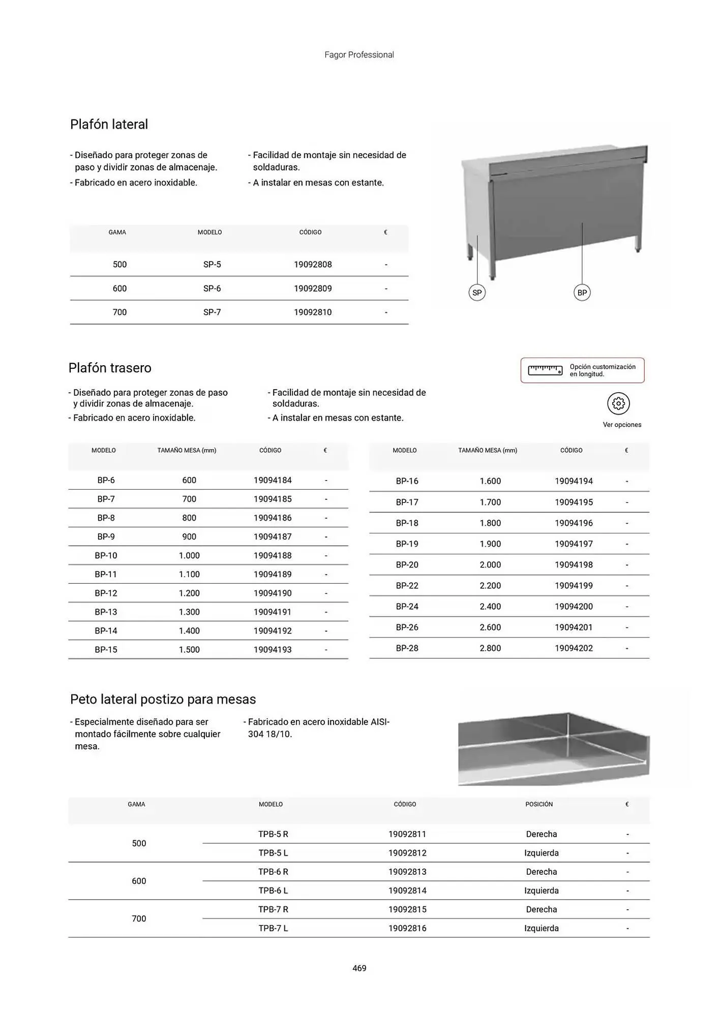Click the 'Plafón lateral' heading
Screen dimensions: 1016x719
coord(109,124)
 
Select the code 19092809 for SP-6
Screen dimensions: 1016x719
coord(313,289)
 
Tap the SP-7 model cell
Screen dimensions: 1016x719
coord(212,312)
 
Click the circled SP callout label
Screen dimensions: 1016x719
coord(477,293)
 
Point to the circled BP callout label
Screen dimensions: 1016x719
coord(582,293)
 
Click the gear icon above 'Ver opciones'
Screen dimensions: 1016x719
coord(618,404)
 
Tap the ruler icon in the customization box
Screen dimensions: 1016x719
coord(545,370)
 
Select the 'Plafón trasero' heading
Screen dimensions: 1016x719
coord(110,368)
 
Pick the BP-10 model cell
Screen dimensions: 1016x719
coord(106,556)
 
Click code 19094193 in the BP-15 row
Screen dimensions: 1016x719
coord(273,650)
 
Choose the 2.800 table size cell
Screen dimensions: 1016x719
coord(490,648)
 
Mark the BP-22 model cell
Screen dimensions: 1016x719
coord(407,586)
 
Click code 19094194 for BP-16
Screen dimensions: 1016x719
coord(574,481)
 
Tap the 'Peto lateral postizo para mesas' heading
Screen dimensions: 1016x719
coord(163,700)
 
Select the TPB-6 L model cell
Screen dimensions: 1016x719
coord(273,891)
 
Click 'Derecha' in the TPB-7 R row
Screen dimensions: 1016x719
coord(542,909)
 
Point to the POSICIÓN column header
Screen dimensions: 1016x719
coord(539,804)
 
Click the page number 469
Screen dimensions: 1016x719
coord(359,968)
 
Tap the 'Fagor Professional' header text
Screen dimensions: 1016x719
coord(359,55)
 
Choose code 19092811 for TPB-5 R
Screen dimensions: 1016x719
coord(407,834)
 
